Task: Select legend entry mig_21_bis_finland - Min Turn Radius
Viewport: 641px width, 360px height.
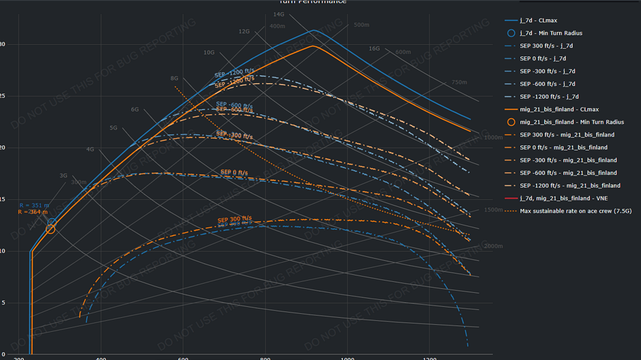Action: click(x=571, y=122)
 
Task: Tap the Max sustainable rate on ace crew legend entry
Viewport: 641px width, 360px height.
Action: click(x=576, y=211)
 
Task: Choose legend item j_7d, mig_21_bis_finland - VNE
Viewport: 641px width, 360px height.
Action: click(x=563, y=198)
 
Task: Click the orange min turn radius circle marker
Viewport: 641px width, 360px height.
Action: click(x=51, y=229)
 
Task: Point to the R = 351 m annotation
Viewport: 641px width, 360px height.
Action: click(x=33, y=206)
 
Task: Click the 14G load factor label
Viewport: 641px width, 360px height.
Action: click(x=279, y=14)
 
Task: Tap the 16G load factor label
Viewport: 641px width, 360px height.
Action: click(x=374, y=49)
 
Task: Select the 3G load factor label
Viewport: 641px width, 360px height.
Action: click(x=63, y=175)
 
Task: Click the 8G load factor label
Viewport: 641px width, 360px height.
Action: click(x=174, y=78)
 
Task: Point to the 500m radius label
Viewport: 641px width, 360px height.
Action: click(x=362, y=25)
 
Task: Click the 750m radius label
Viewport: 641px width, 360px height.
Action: click(x=460, y=83)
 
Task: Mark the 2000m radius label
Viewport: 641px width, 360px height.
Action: click(x=494, y=246)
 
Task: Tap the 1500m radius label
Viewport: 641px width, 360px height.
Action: click(x=494, y=210)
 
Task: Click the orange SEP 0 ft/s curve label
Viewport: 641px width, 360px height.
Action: click(x=234, y=172)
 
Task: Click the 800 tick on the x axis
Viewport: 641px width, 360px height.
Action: click(x=266, y=359)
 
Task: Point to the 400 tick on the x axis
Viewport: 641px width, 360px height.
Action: click(x=101, y=359)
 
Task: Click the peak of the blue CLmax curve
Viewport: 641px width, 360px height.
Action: click(x=313, y=30)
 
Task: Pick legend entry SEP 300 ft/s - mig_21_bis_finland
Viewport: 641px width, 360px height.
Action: click(x=567, y=135)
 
